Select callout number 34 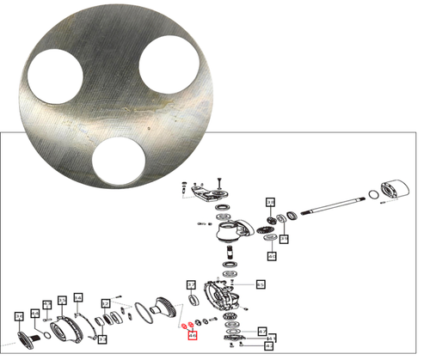coord(18,317)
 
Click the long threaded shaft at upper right coord(327,205)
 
